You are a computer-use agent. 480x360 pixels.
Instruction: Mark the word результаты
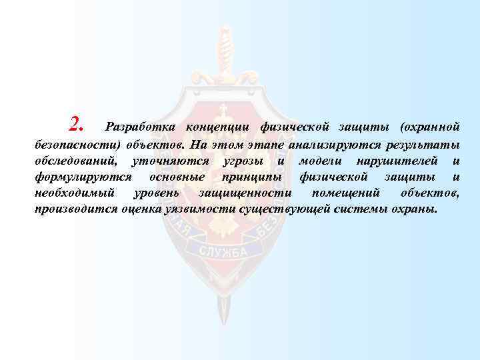pos(419,144)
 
